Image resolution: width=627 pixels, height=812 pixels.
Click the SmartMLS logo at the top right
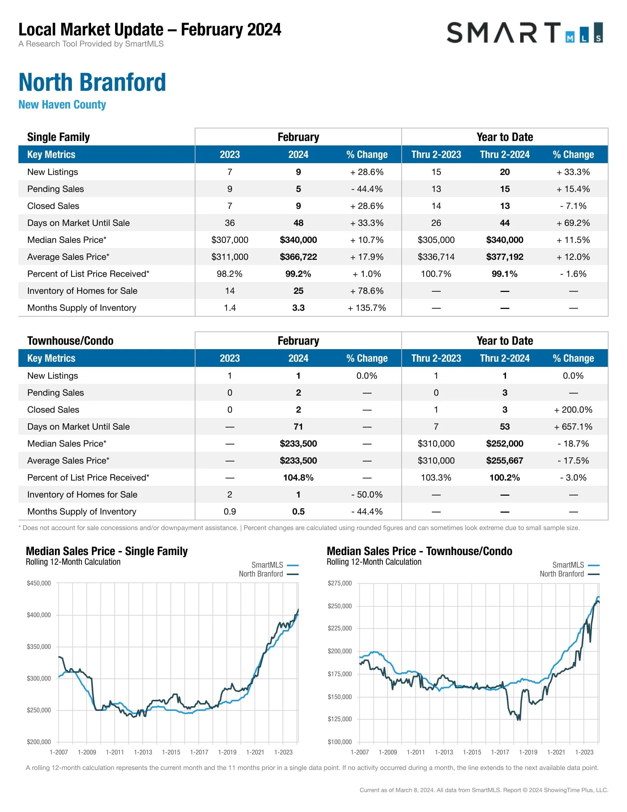(x=524, y=33)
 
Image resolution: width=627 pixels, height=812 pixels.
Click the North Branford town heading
(x=92, y=82)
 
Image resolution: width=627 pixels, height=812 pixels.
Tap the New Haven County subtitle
(x=62, y=104)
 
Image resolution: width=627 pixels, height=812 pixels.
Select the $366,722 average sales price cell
(x=298, y=257)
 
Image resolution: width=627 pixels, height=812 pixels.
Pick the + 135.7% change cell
(x=367, y=308)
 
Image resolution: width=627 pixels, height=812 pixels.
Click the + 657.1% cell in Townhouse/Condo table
(x=573, y=426)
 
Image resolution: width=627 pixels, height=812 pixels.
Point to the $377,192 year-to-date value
(x=505, y=257)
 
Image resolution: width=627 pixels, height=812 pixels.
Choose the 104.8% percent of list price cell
(x=298, y=477)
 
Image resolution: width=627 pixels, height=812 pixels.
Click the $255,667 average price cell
(x=505, y=461)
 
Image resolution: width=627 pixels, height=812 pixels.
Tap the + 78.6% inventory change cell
(x=367, y=291)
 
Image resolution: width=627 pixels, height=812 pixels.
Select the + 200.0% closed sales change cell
(x=573, y=410)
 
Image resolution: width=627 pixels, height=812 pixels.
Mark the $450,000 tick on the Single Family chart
(x=39, y=583)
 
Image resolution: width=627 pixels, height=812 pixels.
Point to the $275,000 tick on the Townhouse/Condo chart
(x=339, y=583)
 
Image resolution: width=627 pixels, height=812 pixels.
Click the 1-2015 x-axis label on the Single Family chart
(x=171, y=752)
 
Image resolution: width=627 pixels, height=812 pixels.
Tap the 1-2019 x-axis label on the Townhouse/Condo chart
(x=528, y=752)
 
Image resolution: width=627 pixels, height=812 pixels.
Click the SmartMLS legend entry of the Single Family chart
(x=274, y=565)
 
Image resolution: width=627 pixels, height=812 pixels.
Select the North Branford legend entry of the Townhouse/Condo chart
(x=569, y=574)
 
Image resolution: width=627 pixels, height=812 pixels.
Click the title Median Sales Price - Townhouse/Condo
(x=419, y=551)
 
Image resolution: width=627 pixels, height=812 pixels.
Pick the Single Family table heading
(x=58, y=137)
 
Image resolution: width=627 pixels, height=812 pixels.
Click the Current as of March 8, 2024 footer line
(x=484, y=790)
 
